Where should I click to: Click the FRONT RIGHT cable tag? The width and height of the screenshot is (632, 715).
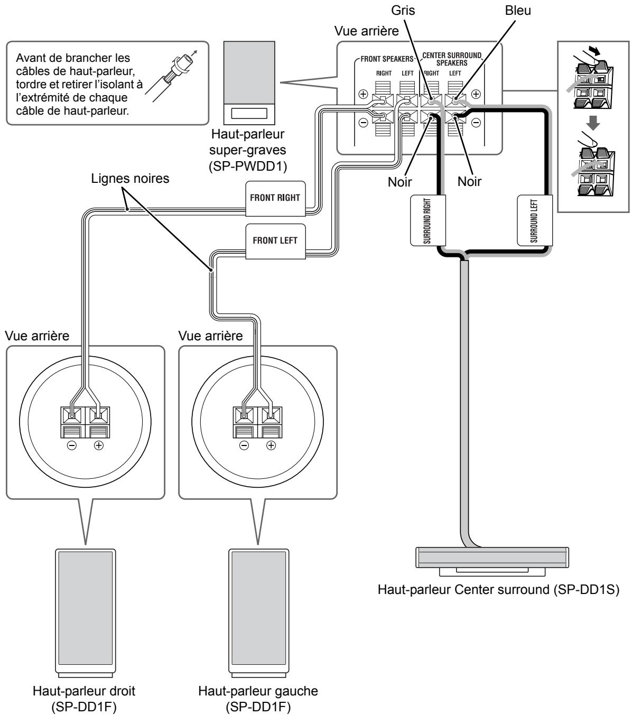275,199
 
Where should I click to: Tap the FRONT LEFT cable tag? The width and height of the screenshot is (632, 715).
275,242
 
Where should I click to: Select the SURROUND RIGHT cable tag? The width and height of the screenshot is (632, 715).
427,220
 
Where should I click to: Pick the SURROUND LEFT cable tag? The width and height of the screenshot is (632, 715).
535,220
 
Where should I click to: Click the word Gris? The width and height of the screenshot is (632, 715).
403,11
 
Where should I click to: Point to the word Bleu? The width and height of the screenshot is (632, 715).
518,11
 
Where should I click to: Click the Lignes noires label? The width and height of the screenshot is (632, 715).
130,179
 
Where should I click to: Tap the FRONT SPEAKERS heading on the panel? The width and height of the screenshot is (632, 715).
387,59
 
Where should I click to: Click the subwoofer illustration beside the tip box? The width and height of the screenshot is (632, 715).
249,83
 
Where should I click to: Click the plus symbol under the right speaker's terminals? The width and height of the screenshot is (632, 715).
98,445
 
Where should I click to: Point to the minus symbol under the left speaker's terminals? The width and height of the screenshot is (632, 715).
244,445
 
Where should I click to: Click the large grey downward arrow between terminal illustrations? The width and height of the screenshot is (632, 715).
593,123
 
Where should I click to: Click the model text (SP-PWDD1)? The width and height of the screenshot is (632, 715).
248,166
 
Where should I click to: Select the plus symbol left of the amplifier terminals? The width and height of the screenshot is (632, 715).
363,94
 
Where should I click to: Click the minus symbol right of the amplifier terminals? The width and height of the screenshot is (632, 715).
476,123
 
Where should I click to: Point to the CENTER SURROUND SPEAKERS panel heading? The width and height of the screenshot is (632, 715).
452,59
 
